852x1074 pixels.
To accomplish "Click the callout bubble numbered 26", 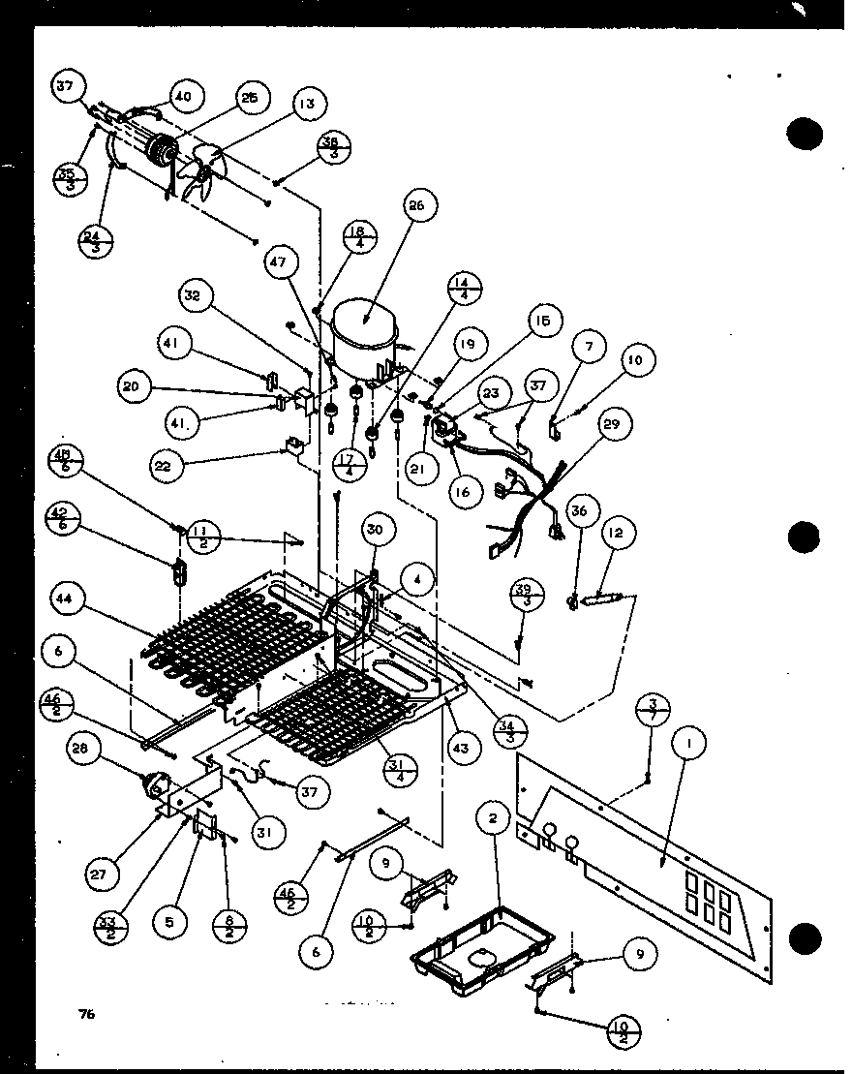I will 417,206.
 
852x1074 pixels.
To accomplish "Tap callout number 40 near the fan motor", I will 182,96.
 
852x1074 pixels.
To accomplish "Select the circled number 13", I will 306,104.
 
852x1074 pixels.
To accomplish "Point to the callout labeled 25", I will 250,100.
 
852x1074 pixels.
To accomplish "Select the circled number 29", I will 614,424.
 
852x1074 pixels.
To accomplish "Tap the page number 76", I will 87,1014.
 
